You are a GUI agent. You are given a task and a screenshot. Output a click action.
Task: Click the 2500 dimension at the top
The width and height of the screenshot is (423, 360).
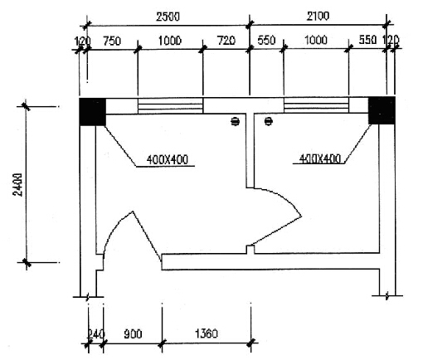[168, 17]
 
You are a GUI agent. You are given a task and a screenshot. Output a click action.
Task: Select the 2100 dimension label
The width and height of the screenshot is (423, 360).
[318, 16]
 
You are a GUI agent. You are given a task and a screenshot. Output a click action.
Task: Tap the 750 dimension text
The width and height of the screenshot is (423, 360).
[112, 41]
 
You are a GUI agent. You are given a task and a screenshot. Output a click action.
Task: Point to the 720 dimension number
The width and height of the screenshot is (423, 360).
[226, 41]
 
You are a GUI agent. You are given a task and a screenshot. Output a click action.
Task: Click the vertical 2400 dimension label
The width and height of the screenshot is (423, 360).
[17, 185]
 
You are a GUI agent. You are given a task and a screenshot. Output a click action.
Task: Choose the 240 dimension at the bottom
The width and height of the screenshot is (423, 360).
[96, 334]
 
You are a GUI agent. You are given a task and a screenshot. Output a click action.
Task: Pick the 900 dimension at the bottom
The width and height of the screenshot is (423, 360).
[133, 334]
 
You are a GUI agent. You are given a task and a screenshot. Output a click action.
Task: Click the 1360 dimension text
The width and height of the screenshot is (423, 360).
[207, 333]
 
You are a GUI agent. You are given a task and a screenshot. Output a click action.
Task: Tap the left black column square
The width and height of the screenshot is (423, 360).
[92, 112]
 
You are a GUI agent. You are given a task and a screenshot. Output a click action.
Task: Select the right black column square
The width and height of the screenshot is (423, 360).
[382, 110]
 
